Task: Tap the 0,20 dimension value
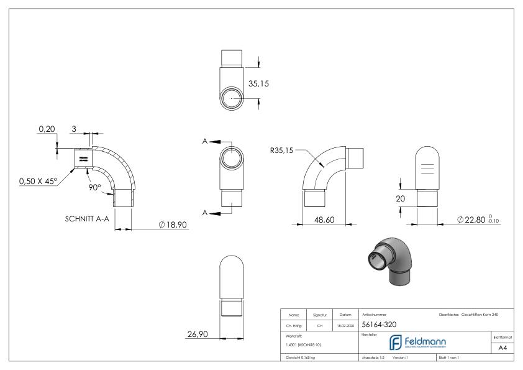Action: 47,129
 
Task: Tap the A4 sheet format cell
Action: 504,349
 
